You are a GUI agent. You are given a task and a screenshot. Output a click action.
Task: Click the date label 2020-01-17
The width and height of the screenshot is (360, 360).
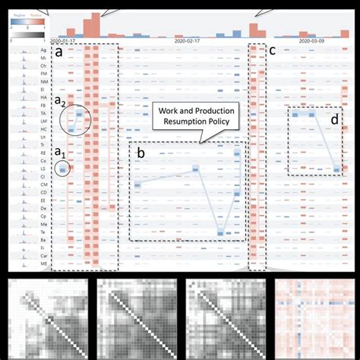pos(65,40)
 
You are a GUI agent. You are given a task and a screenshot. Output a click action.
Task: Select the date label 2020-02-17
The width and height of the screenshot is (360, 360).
pos(190,40)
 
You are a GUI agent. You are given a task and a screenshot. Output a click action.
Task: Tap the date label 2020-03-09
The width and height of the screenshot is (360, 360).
pos(313,40)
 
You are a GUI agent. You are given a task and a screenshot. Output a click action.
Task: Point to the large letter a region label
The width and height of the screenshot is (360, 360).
pos(58,53)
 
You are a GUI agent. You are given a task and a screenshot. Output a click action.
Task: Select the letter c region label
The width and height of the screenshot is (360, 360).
pos(273,52)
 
